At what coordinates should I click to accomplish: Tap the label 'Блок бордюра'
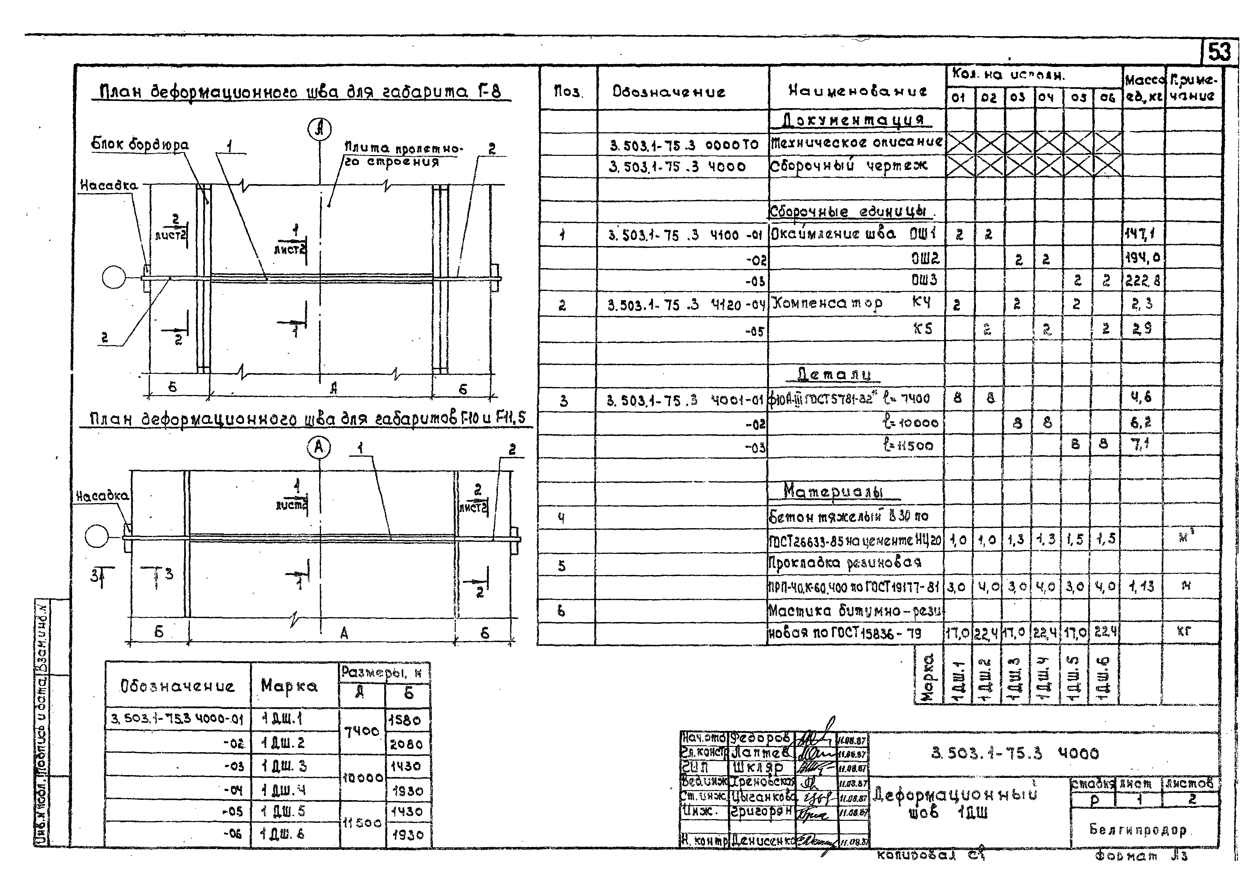tap(140, 145)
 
